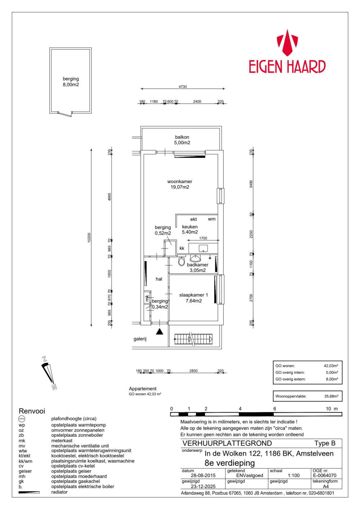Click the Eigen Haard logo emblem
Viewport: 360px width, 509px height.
tap(287, 43)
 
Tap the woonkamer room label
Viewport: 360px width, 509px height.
tap(180, 184)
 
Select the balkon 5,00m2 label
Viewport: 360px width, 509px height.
tap(182, 140)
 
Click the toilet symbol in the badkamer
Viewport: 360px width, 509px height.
tap(182, 261)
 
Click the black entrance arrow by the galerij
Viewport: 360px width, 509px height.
tap(159, 331)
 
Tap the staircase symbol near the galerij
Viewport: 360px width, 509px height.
tap(193, 339)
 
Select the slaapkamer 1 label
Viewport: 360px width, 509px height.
tap(194, 298)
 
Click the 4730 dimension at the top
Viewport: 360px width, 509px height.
tap(183, 87)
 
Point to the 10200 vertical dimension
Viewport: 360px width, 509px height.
tap(89, 237)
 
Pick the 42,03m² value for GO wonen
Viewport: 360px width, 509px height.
tap(331, 366)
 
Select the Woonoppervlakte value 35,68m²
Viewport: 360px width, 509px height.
tap(331, 396)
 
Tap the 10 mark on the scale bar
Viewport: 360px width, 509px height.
tap(328, 409)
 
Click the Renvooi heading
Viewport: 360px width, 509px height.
tap(32, 411)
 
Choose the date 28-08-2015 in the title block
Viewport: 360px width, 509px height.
tap(203, 476)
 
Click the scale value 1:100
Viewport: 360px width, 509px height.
tap(294, 476)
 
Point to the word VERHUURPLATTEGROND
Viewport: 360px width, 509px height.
tap(227, 444)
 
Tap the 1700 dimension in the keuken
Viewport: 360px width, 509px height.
tap(203, 238)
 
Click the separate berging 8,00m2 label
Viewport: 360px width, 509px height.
tap(71, 82)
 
